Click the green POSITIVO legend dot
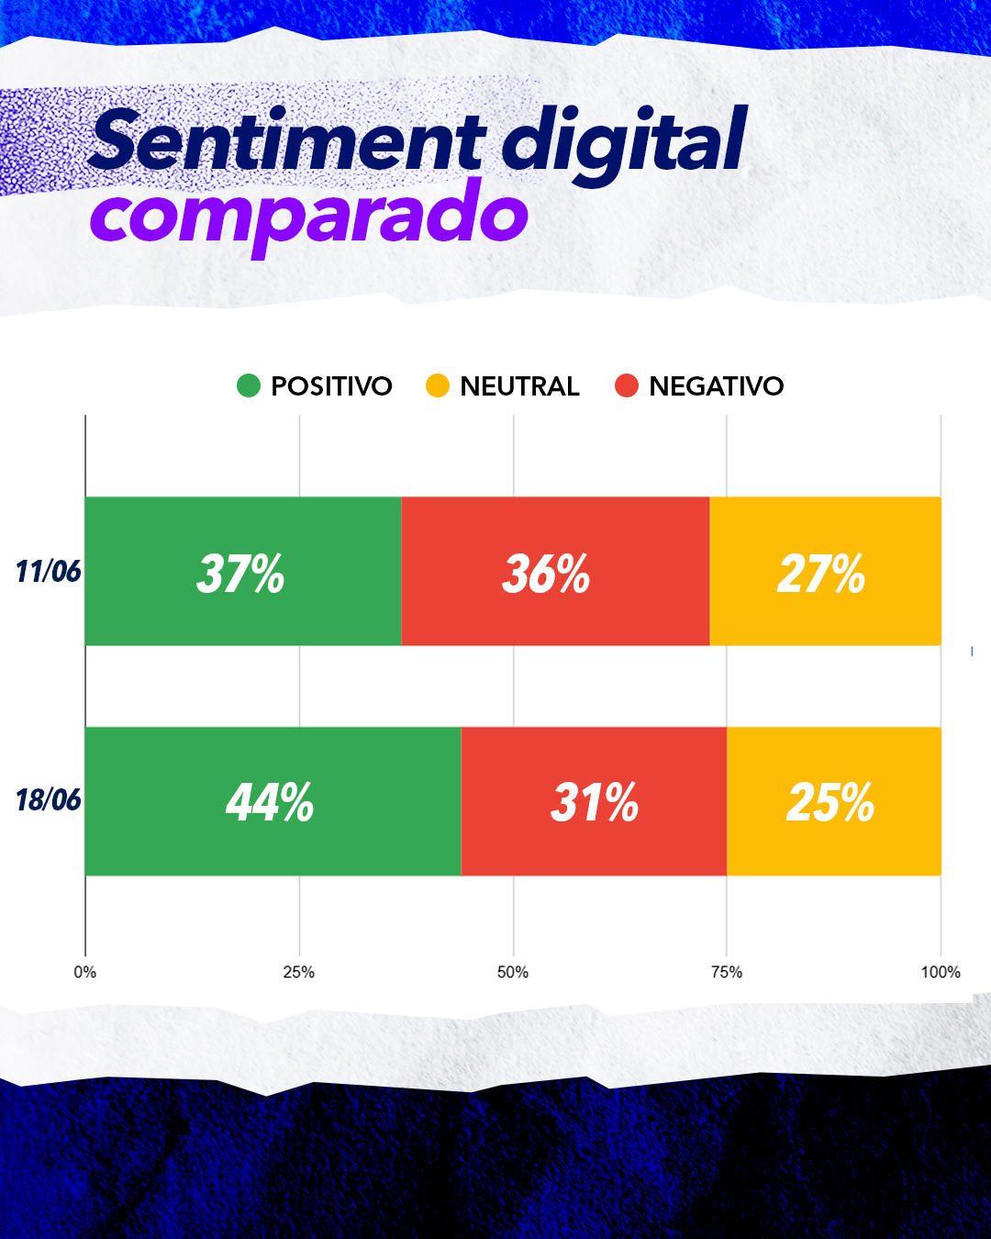coord(249,385)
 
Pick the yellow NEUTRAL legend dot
coord(438,385)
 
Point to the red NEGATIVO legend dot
coord(627,385)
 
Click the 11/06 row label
coord(48,572)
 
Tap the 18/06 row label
coord(48,800)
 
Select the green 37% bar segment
coord(242,572)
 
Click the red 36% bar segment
coord(555,572)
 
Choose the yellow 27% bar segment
coord(825,572)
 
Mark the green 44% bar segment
coord(273,801)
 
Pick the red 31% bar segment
coord(594,801)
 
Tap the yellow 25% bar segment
coord(833,801)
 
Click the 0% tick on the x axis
coord(85,972)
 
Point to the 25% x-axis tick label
coord(299,972)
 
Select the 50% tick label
coord(513,972)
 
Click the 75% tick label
coord(727,972)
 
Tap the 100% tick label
coord(941,972)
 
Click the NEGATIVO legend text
coord(717,386)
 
